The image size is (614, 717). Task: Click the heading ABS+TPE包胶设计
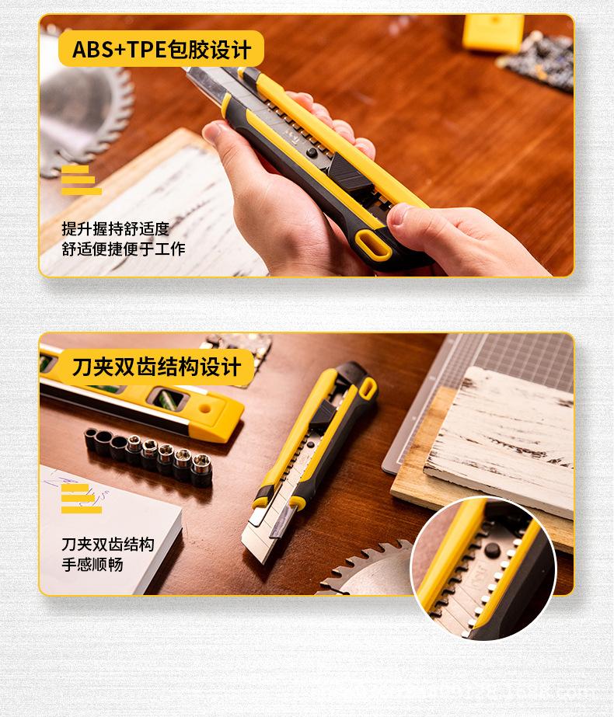[162, 50]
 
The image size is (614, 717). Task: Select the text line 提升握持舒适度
[115, 228]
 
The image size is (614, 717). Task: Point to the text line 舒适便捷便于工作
[124, 249]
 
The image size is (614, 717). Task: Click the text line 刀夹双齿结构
[108, 544]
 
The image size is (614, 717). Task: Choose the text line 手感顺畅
[92, 565]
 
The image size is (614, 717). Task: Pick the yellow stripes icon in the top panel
[81, 181]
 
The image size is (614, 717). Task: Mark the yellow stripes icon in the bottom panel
[81, 498]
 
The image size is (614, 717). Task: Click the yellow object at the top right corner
[493, 32]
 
